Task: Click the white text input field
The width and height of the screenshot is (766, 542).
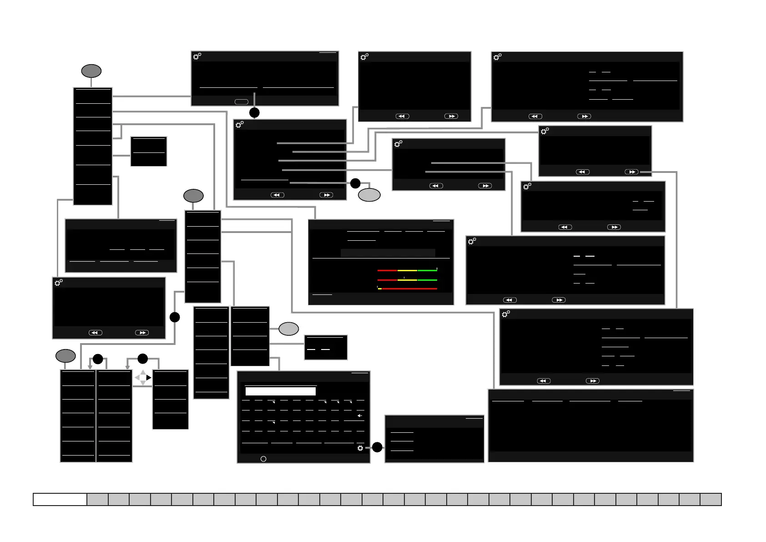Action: tap(280, 391)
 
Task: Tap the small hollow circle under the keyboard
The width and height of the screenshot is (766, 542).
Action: tap(263, 459)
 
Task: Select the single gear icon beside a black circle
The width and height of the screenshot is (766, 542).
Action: tap(360, 448)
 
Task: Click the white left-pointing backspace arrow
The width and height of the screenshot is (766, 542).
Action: tap(359, 415)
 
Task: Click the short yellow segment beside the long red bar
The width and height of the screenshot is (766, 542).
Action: tap(379, 289)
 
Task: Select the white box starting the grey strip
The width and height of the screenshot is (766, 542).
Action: tap(60, 499)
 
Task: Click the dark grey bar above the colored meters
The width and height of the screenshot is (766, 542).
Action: tap(388, 253)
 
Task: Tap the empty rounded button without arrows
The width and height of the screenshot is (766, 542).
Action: tap(241, 102)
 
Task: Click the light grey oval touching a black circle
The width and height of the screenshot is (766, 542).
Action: tap(369, 195)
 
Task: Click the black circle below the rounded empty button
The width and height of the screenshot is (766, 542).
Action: tap(254, 112)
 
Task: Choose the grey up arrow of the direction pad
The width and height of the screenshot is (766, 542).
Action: tap(143, 373)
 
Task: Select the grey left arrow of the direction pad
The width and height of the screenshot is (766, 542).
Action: tap(137, 378)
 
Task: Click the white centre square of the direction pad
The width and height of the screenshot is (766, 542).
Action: tap(143, 378)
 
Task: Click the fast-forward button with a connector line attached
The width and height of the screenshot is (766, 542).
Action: tap(631, 172)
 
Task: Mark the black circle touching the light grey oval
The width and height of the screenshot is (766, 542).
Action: tap(355, 183)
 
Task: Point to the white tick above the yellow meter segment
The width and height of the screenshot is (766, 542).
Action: tap(404, 277)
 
